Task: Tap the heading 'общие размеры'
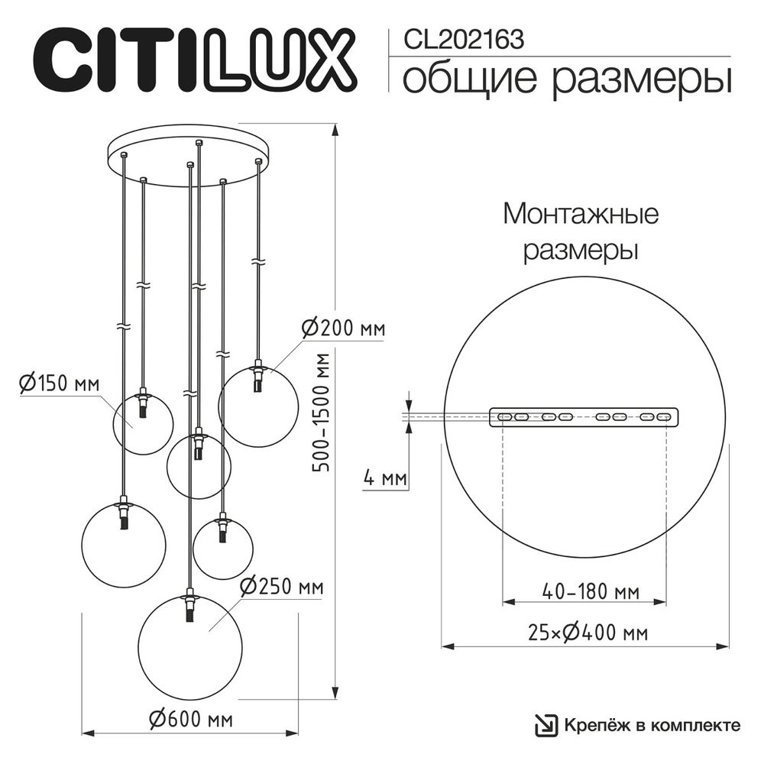566,79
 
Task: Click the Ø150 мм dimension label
60,384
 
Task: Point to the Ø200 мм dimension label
343,329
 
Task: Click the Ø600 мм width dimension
191,719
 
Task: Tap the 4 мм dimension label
384,480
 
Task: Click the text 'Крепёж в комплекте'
652,725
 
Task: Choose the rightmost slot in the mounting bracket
664,417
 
